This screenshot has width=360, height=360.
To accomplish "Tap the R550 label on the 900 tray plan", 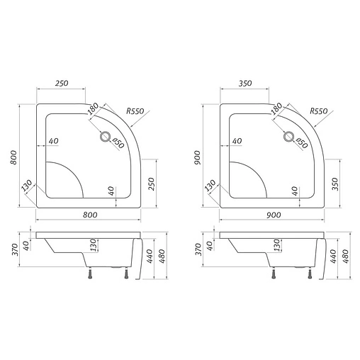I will tap(320, 111).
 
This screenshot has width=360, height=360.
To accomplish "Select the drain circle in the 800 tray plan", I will tap(106, 137).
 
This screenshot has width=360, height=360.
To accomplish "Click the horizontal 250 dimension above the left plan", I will tap(61, 84).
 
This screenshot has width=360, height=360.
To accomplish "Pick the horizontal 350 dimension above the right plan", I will tap(245, 84).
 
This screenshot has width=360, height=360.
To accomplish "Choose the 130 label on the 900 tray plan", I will tap(210, 186).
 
